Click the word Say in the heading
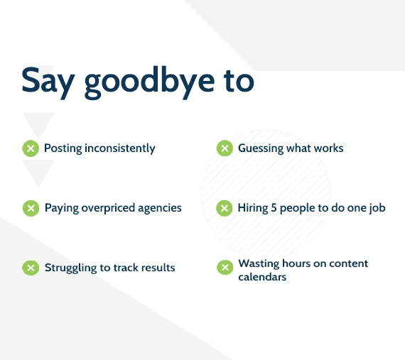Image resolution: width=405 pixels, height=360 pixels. coord(48,82)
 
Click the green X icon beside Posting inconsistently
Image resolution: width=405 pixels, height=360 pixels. coord(31,148)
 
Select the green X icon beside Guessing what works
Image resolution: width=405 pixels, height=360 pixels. coord(225,148)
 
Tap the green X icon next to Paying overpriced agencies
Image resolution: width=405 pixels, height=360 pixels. coord(31,208)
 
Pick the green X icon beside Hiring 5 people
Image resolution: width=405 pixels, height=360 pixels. coord(225,208)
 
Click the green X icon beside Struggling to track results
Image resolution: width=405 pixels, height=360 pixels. coord(31,268)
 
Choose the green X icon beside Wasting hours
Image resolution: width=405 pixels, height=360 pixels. coord(225,268)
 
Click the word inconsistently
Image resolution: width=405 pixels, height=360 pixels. coord(120,148)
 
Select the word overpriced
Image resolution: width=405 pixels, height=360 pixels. coord(108,209)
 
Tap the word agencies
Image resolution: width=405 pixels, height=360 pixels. coord(160,209)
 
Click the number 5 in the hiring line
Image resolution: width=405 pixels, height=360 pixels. coord(274,208)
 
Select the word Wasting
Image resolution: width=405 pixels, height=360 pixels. coord(259,264)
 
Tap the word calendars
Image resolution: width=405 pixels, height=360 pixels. coord(262,277)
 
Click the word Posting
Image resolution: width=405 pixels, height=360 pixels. coord(63,148)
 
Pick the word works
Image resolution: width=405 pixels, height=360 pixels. coord(328,148)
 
